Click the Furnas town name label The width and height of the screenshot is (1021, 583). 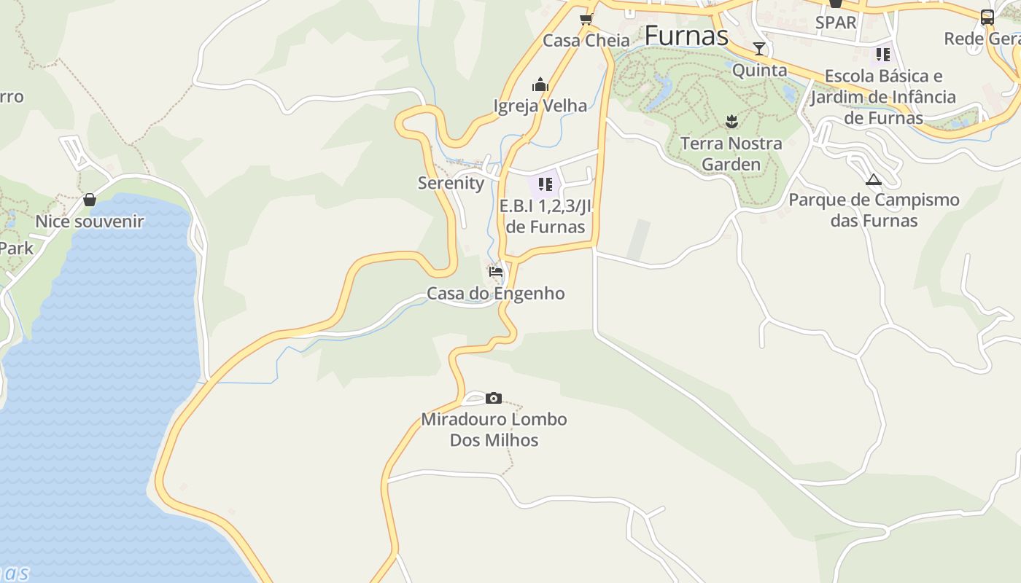[x=686, y=35]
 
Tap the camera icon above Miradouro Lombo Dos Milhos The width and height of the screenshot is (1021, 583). [x=494, y=398]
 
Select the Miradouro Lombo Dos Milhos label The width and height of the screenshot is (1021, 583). [x=494, y=429]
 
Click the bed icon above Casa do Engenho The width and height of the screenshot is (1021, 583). [x=496, y=272]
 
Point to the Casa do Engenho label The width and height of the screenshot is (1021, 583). [x=495, y=293]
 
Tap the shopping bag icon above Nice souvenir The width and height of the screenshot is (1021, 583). [x=90, y=200]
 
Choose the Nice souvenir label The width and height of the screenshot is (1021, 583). [x=90, y=221]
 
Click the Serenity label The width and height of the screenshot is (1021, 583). [x=451, y=183]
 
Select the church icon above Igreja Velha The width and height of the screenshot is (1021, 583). [x=540, y=85]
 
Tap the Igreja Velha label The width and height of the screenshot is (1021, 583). [x=540, y=106]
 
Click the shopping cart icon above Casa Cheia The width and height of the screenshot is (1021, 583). [x=586, y=19]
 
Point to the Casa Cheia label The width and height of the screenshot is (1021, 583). [x=586, y=40]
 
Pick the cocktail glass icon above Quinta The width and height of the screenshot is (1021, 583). [x=759, y=49]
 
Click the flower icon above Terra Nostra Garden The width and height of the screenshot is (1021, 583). [x=731, y=122]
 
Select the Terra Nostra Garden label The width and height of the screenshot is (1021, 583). [x=731, y=153]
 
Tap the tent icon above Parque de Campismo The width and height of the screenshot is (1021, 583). [x=874, y=179]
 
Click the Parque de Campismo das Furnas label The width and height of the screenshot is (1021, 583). [x=874, y=210]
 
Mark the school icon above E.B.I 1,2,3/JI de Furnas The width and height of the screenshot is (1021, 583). [x=546, y=184]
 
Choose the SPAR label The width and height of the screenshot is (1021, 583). [x=836, y=23]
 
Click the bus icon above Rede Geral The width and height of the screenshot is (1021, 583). [x=987, y=17]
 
